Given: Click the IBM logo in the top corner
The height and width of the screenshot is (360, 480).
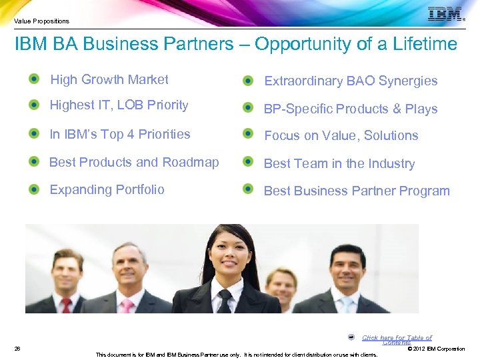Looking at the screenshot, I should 445,14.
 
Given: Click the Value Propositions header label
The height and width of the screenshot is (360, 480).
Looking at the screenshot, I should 41,21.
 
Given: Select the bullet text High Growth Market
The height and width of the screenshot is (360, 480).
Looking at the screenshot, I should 109,80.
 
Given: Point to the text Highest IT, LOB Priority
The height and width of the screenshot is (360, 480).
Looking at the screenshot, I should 119,105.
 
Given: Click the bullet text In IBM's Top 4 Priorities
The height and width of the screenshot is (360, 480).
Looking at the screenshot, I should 120,134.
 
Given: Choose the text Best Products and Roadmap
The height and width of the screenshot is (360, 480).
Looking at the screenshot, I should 134,162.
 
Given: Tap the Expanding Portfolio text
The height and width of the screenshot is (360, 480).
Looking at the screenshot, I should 107,189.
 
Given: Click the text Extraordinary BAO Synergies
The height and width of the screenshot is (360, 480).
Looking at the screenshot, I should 351,81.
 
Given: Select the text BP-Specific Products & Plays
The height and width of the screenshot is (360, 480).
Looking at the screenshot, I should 351,109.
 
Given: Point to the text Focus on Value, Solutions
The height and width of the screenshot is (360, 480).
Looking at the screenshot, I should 341,136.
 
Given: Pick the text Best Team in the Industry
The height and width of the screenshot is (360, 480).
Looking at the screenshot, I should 339,164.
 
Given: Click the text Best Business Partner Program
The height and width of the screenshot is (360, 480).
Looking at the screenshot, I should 357,191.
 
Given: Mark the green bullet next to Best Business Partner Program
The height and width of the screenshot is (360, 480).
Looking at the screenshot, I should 249,189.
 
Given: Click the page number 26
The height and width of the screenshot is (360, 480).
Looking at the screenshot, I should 17,349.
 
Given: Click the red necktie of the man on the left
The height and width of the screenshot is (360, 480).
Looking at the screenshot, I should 66,305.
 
